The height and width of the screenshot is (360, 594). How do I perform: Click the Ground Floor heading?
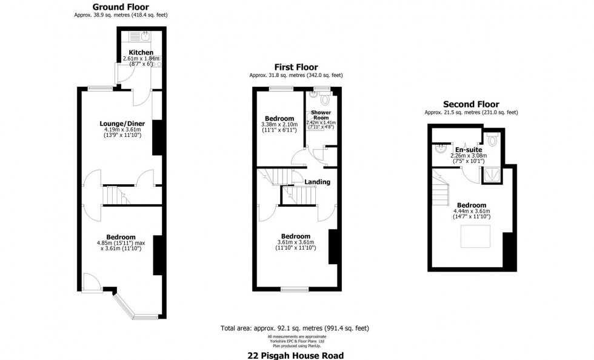[x=121, y=7]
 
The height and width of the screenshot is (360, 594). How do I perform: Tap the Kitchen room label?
[x=141, y=52]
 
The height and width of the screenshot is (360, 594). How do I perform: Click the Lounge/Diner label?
[x=122, y=124]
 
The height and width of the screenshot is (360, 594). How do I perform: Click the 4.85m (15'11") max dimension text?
[x=121, y=243]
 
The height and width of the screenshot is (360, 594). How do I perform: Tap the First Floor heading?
[x=296, y=67]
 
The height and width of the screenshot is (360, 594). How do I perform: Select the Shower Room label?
[x=321, y=115]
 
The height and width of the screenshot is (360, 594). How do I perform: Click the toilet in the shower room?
[x=325, y=99]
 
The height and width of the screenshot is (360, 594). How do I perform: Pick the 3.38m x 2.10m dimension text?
[x=279, y=124]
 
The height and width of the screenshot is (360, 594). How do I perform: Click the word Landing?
[x=318, y=182]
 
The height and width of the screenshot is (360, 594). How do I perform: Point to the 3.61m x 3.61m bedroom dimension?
[x=296, y=242]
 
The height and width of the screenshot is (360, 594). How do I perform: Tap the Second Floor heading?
[x=472, y=104]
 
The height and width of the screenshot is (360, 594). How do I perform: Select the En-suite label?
[x=469, y=150]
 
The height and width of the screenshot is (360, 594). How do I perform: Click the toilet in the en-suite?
[x=492, y=140]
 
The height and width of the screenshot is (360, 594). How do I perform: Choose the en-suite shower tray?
[x=492, y=175]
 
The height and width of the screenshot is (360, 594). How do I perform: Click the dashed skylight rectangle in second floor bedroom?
[x=475, y=236]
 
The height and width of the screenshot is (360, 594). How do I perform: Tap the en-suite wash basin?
[x=440, y=149]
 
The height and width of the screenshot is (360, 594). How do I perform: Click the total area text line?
[x=295, y=328]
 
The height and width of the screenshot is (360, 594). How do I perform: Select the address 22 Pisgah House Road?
[x=296, y=355]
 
